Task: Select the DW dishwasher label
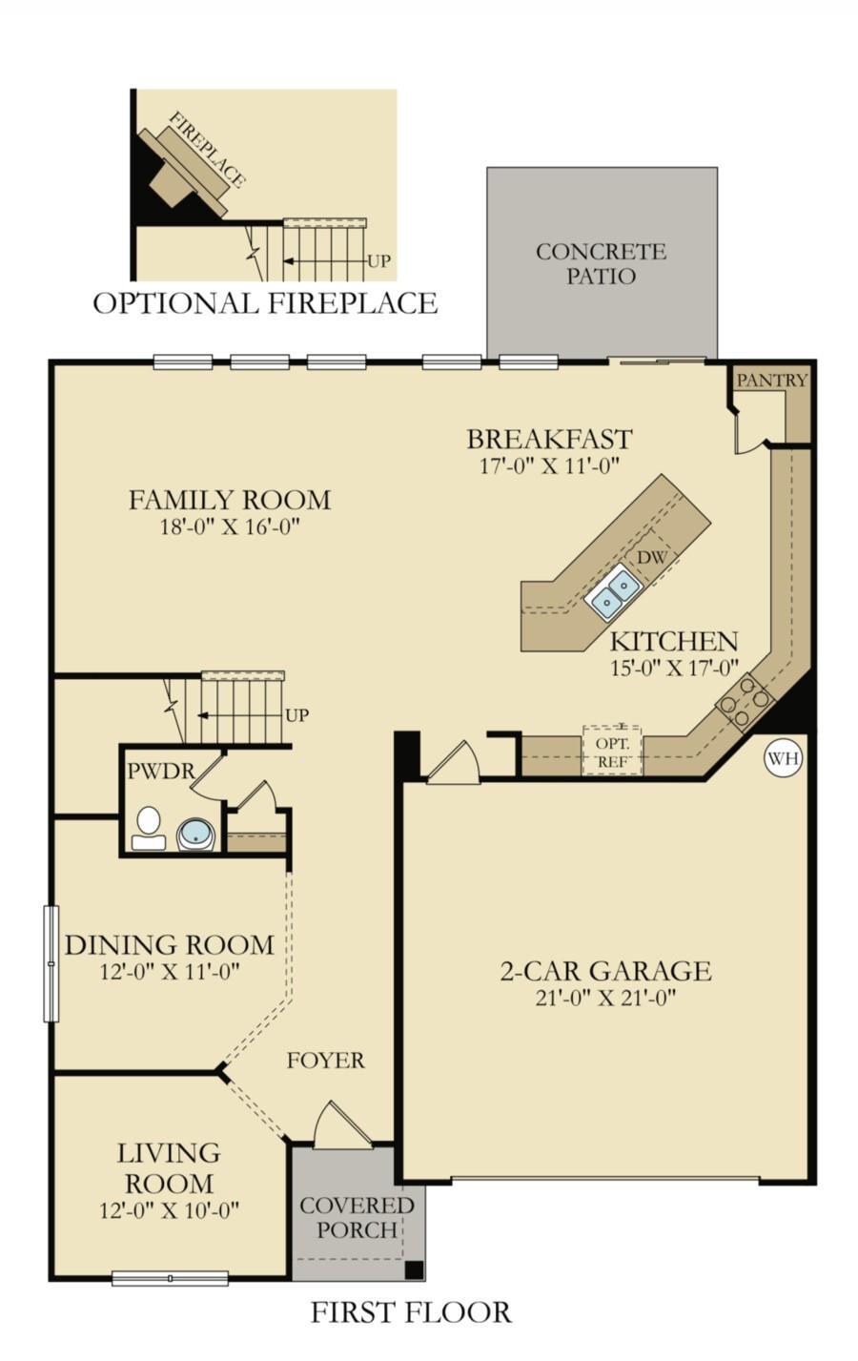coord(651,557)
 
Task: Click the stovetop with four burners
coord(745,701)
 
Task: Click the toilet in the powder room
coord(149,828)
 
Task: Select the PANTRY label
coord(772,381)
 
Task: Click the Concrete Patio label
coord(602,263)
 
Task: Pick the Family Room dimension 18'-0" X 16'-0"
coord(230,526)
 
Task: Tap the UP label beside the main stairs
coord(296,715)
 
